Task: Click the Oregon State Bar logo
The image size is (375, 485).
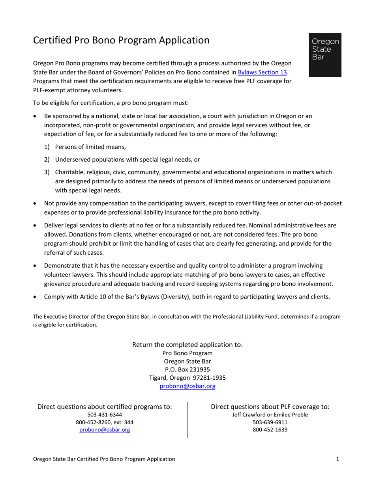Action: pyautogui.click(x=325, y=55)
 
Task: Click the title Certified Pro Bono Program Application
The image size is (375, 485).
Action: pyautogui.click(x=121, y=40)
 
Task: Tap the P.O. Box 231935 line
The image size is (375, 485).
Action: pyautogui.click(x=187, y=369)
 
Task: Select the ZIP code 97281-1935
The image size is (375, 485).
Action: pyautogui.click(x=212, y=378)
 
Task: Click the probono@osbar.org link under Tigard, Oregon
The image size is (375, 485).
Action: pyautogui.click(x=187, y=386)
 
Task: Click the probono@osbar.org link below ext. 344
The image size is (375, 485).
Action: pyautogui.click(x=104, y=430)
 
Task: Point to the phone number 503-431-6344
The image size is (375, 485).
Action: pyautogui.click(x=104, y=415)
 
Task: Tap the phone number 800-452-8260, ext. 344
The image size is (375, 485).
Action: pyautogui.click(x=104, y=422)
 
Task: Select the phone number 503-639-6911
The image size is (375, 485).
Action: pyautogui.click(x=270, y=422)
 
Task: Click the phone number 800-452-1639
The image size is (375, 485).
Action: pyautogui.click(x=270, y=430)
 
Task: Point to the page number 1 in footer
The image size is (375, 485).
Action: pyautogui.click(x=337, y=459)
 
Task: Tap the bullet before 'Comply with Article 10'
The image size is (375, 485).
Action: pyautogui.click(x=36, y=297)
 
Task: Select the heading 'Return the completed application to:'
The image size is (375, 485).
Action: pyautogui.click(x=187, y=345)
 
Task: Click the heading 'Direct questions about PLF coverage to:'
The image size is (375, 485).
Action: pyautogui.click(x=270, y=407)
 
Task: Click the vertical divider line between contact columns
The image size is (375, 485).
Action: pyautogui.click(x=187, y=420)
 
